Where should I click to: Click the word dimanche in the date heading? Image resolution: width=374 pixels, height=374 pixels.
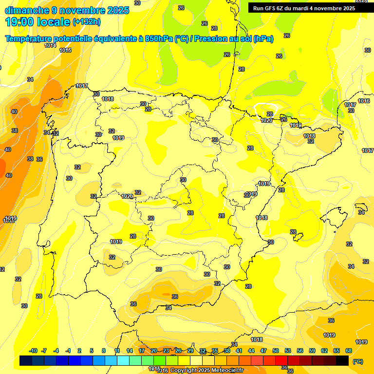tap(26, 10)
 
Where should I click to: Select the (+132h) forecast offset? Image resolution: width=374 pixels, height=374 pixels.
tap(86, 22)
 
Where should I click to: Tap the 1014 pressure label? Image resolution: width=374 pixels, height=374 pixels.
tap(50, 45)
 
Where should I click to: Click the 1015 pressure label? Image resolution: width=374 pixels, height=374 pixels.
tap(66, 50)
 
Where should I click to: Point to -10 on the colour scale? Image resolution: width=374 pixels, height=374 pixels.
tap(33, 351)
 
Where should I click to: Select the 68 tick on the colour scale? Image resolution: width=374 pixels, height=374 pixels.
tap(349, 351)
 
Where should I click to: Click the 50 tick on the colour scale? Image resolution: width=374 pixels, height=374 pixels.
tap(276, 351)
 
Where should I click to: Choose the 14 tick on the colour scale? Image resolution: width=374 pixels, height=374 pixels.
tap(130, 351)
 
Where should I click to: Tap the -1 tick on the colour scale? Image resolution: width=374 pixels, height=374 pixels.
tap(68, 351)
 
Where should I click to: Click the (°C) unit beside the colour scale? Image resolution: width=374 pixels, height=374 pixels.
tap(358, 361)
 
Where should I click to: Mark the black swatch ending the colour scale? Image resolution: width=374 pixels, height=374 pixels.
tap(342, 360)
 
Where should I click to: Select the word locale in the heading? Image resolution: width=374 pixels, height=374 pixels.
tap(52, 22)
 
